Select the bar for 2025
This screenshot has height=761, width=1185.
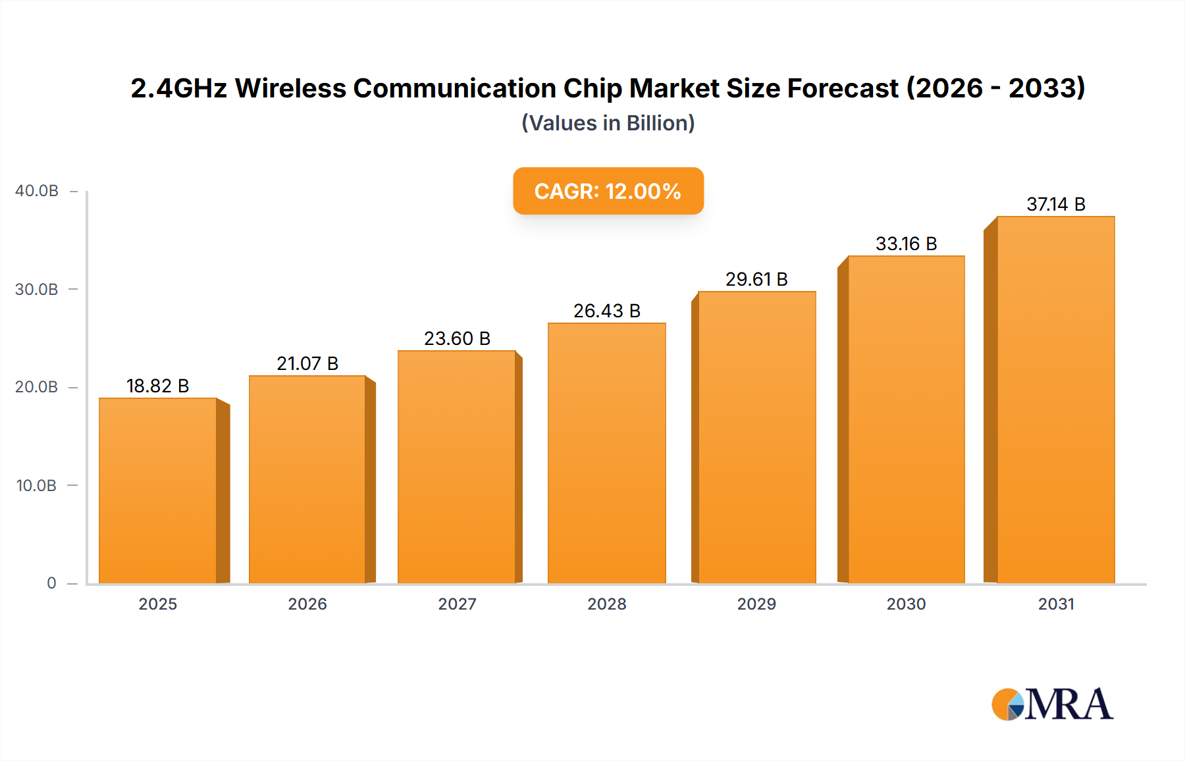point(158,490)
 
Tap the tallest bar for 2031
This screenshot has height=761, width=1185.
point(1055,400)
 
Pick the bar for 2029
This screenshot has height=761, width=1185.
point(756,437)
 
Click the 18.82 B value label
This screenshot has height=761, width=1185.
point(158,386)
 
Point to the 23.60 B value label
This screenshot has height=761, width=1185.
point(457,338)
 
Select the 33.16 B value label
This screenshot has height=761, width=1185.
point(906,244)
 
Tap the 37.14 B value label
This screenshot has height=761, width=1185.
point(1055,204)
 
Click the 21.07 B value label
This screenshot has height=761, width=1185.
point(307,363)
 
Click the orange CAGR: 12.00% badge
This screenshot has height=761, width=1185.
point(608,191)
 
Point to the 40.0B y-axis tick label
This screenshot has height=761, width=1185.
point(37,191)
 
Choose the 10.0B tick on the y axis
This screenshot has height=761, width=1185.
point(37,486)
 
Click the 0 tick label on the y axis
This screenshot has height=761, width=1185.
point(51,583)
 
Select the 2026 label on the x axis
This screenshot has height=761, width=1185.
point(307,604)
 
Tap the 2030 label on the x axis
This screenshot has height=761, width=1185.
point(906,604)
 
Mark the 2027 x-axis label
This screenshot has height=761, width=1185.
point(457,604)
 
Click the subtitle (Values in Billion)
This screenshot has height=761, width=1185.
point(608,123)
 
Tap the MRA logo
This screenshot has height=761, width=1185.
point(1052,704)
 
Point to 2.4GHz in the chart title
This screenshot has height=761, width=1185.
point(178,88)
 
